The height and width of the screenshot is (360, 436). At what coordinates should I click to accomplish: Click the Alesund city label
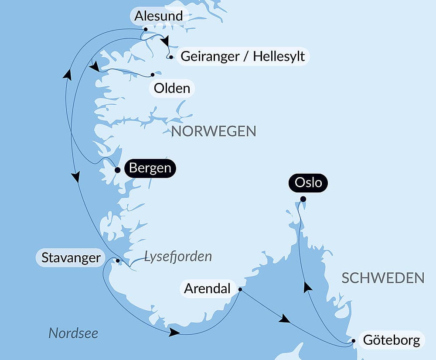pyautogui.click(x=158, y=16)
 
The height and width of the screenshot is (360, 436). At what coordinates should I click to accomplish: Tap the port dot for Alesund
pyautogui.click(x=146, y=30)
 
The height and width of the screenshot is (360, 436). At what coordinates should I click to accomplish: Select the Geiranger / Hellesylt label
pyautogui.click(x=242, y=56)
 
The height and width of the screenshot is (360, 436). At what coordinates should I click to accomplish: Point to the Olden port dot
pyautogui.click(x=153, y=75)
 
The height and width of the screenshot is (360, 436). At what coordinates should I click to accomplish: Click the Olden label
pyautogui.click(x=172, y=89)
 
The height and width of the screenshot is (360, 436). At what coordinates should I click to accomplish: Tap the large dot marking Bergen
pyautogui.click(x=117, y=170)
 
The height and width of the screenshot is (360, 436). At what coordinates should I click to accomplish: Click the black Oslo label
pyautogui.click(x=308, y=182)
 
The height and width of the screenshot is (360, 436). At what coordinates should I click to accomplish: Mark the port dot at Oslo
pyautogui.click(x=303, y=199)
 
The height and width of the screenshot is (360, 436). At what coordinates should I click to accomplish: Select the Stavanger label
pyautogui.click(x=71, y=257)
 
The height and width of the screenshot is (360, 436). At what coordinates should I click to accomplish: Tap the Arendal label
pyautogui.click(x=207, y=289)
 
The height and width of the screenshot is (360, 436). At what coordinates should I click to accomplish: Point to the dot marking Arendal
pyautogui.click(x=240, y=289)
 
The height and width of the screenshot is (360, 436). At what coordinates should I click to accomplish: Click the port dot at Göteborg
pyautogui.click(x=354, y=341)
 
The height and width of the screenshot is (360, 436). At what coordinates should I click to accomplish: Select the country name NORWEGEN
pyautogui.click(x=214, y=131)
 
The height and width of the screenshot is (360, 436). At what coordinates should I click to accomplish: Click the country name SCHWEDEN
pyautogui.click(x=383, y=278)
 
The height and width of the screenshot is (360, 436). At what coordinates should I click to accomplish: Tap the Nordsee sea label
pyautogui.click(x=73, y=333)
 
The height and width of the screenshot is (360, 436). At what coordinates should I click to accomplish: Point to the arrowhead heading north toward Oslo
pyautogui.click(x=308, y=287)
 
